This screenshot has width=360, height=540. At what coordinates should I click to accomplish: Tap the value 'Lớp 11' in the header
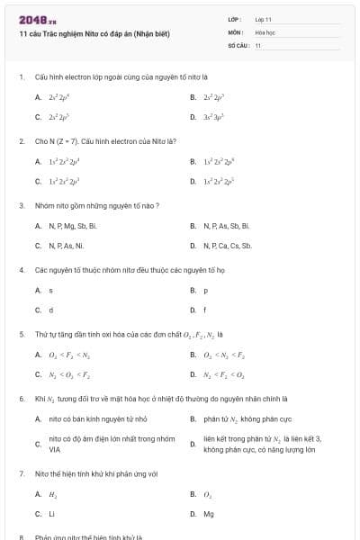[x=263, y=19]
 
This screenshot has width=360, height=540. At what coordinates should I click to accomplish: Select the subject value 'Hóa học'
[x=265, y=31]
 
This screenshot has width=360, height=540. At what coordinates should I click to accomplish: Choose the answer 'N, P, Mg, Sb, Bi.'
[x=72, y=225]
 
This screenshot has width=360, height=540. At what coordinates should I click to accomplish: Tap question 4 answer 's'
[x=50, y=290]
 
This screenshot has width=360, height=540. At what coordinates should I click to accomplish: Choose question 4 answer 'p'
[x=206, y=290]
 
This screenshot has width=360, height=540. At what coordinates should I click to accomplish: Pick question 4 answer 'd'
[x=50, y=310]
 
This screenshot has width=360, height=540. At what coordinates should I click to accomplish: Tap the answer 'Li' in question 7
[x=51, y=514]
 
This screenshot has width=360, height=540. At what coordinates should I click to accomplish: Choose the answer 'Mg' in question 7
[x=209, y=514]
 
